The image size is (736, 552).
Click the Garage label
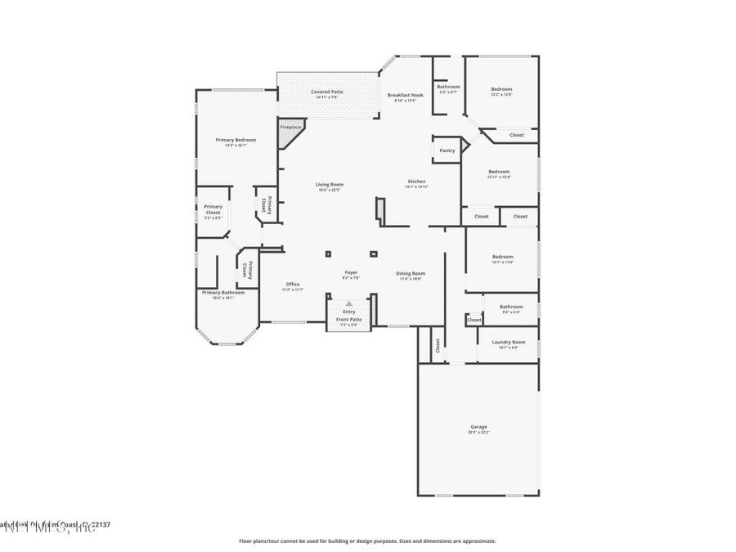(x=478, y=427)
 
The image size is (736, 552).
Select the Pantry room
(x=447, y=150)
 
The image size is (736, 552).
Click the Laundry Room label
(x=508, y=342)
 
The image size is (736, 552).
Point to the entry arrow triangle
(x=349, y=303)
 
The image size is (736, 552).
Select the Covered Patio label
(x=326, y=92)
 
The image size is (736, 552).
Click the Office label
(x=293, y=284)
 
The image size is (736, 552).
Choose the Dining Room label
(x=411, y=273)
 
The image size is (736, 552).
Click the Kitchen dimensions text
(x=416, y=187)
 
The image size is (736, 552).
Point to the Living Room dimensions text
(x=330, y=190)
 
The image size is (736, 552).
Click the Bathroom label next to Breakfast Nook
(x=448, y=87)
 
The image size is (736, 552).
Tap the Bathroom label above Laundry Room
(x=511, y=307)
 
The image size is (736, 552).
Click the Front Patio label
(x=348, y=319)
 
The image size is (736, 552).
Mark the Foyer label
(x=350, y=272)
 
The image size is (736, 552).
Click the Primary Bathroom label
(x=223, y=292)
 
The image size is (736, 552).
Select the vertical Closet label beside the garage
(x=437, y=344)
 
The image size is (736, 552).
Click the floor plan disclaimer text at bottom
(x=367, y=541)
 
